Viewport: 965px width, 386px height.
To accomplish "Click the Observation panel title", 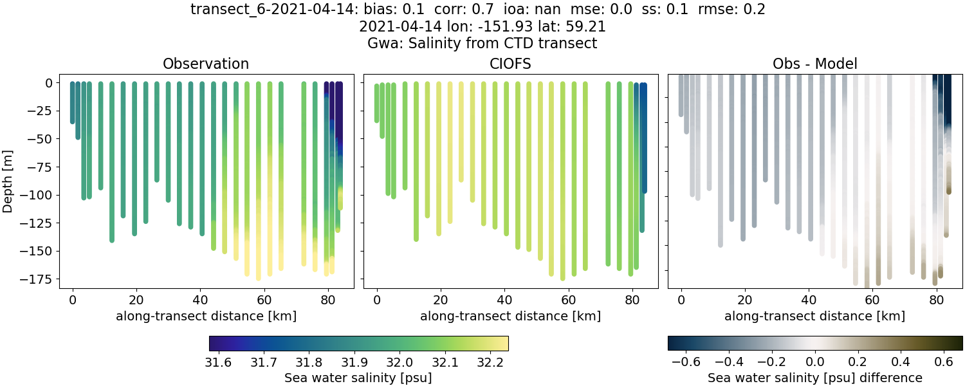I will pyautogui.click(x=205, y=64).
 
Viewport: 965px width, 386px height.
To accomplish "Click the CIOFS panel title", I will pyautogui.click(x=510, y=64).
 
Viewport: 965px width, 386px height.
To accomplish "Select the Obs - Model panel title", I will pyautogui.click(x=814, y=64).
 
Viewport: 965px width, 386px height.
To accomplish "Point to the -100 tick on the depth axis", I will pyautogui.click(x=47, y=195).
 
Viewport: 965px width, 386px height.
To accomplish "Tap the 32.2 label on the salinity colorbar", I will pyautogui.click(x=492, y=361).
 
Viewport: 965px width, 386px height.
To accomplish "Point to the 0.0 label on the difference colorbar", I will pyautogui.click(x=815, y=361).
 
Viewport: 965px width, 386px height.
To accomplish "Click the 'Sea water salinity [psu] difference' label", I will pyautogui.click(x=815, y=378).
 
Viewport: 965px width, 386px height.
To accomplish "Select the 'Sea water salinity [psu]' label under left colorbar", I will pyautogui.click(x=358, y=378).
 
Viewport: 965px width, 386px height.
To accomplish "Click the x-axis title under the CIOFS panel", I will pyautogui.click(x=510, y=316).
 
